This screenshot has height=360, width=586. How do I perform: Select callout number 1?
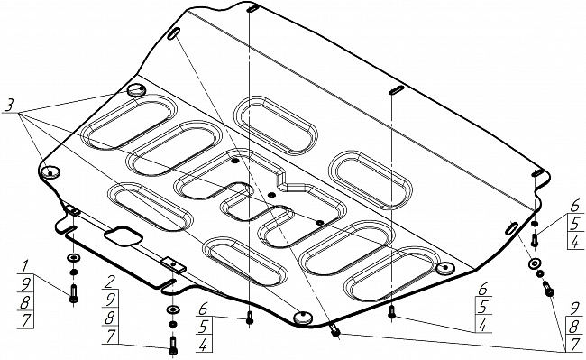pos(24,267)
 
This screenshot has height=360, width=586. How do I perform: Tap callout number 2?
pos(109,282)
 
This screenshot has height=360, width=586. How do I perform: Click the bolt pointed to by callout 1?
pos(74,293)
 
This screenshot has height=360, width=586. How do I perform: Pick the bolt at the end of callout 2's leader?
pos(173,346)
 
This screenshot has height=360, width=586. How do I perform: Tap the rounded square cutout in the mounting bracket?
pos(124,236)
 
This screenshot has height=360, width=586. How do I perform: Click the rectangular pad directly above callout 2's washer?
pos(173,264)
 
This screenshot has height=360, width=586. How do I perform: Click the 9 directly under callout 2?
pos(110,300)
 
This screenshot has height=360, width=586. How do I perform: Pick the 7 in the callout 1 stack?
pos(25,320)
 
